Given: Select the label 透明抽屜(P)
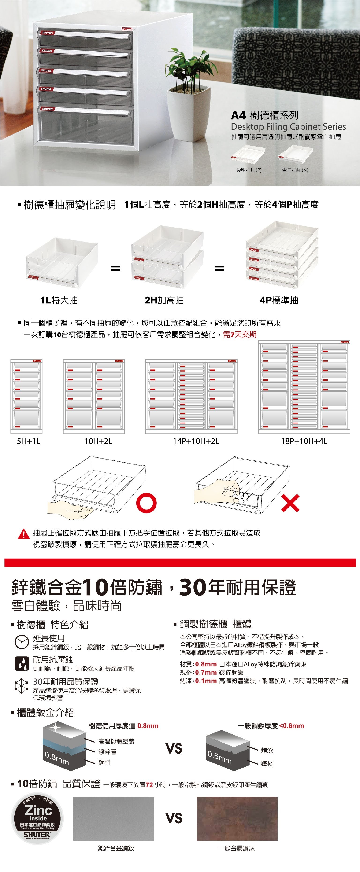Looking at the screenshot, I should (249, 170).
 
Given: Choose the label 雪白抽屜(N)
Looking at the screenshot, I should (295, 170).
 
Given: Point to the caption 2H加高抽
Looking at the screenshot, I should (164, 300).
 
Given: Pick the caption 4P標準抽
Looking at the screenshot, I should (279, 300).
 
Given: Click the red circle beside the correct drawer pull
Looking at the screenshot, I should (146, 503).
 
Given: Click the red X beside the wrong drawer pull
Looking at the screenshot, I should (290, 503).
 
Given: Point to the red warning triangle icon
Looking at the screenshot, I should (24, 534).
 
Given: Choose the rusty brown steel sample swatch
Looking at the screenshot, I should (237, 818).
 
